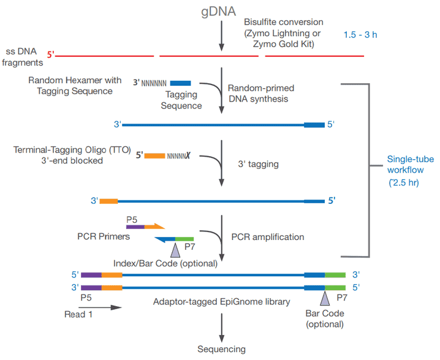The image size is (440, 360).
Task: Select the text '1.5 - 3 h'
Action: (x=360, y=34)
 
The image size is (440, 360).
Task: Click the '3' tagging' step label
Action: (x=258, y=164)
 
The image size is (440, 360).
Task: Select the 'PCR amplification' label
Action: (x=267, y=236)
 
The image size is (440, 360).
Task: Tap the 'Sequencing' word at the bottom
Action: (x=221, y=349)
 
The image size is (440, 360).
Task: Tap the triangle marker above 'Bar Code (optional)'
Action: (x=324, y=297)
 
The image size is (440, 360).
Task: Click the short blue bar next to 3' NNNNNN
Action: (x=180, y=83)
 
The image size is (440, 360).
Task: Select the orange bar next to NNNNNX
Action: (x=154, y=156)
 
